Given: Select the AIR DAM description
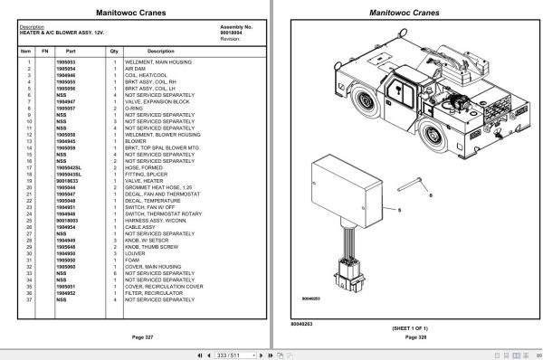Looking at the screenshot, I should click(135, 68).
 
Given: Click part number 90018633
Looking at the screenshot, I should click(67, 181).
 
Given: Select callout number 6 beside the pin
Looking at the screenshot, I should click(431, 194).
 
